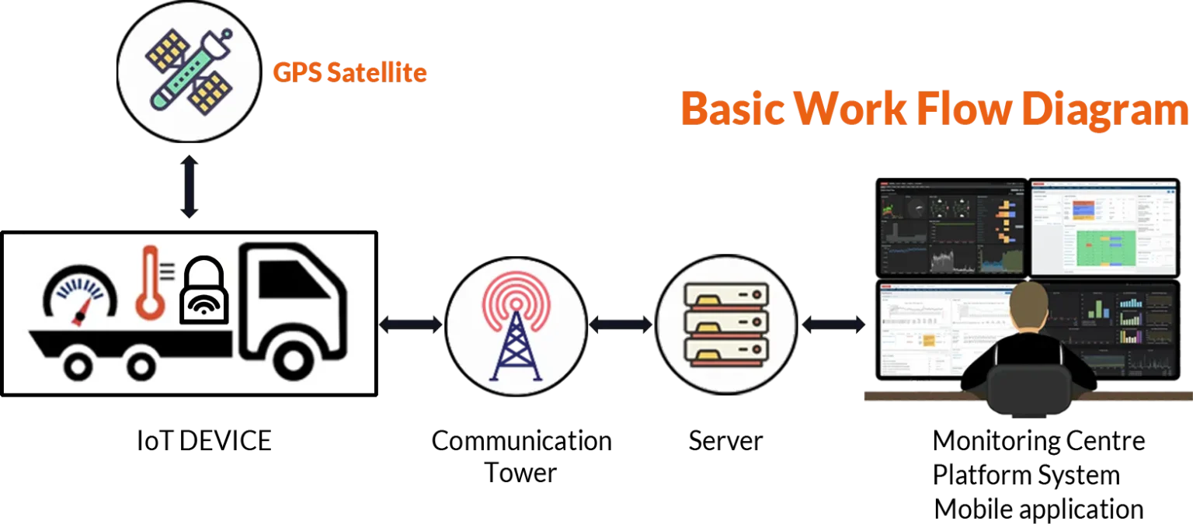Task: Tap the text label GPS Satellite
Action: (350, 73)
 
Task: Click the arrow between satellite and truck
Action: (190, 187)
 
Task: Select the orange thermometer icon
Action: (149, 283)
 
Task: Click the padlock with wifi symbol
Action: (203, 291)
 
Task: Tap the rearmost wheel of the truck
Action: (82, 364)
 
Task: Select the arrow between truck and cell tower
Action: (411, 324)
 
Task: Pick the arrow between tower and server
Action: (621, 324)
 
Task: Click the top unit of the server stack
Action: (726, 294)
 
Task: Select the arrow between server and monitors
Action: (833, 324)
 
